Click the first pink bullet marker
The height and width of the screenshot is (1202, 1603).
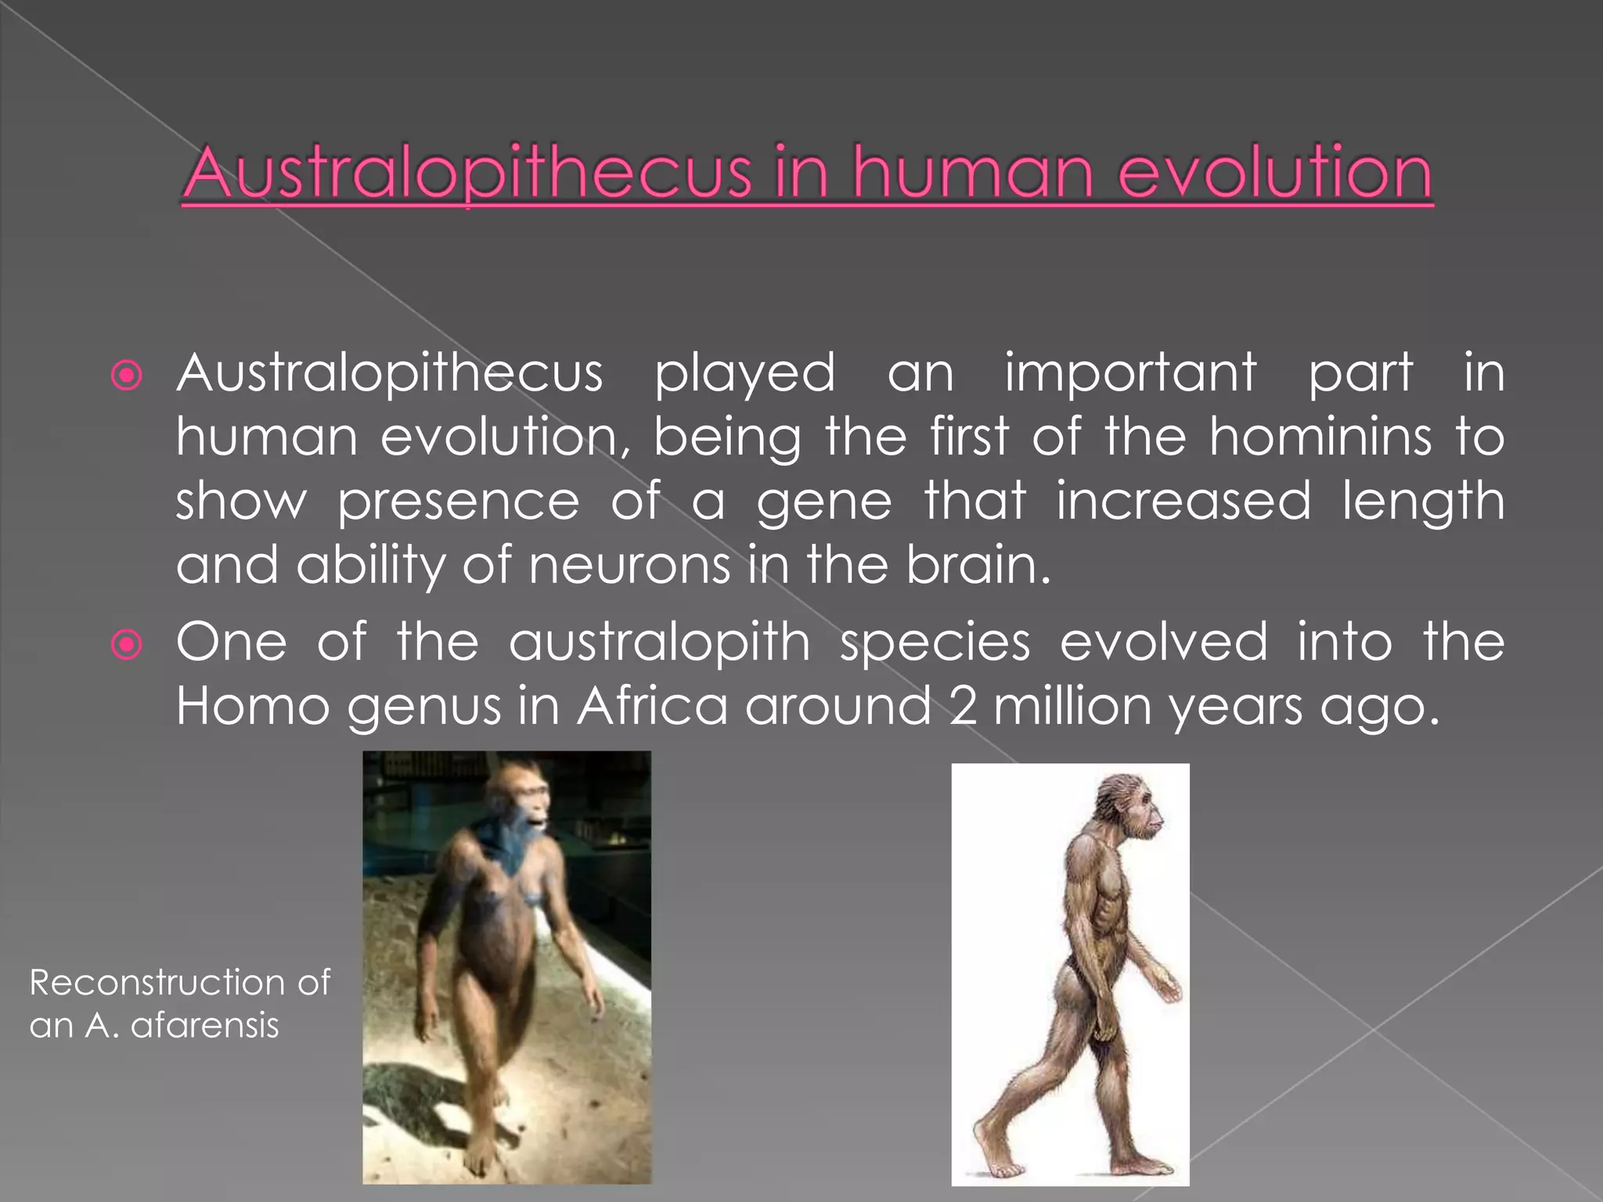click(127, 376)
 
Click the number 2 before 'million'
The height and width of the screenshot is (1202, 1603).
click(963, 707)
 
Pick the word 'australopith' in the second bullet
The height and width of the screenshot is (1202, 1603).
click(659, 642)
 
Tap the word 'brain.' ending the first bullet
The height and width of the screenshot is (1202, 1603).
click(978, 565)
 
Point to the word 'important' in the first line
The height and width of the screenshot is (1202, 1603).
click(1130, 373)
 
